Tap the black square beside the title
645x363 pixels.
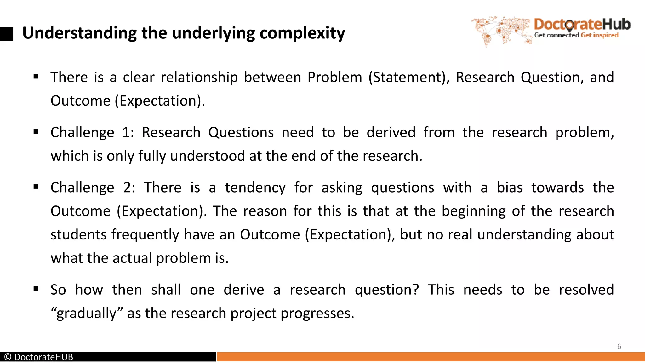point(6,34)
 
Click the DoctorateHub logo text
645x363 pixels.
point(582,24)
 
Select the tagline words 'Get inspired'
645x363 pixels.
point(600,35)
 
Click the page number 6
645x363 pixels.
point(619,347)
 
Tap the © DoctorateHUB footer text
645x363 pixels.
point(39,357)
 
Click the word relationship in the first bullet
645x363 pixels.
point(199,78)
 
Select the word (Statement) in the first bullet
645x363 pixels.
point(409,78)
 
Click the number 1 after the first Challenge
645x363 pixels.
point(127,132)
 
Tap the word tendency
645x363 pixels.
point(255,187)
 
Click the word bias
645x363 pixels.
point(510,187)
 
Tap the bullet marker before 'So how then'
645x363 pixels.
point(36,289)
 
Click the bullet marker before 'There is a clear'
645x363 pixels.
point(36,76)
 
